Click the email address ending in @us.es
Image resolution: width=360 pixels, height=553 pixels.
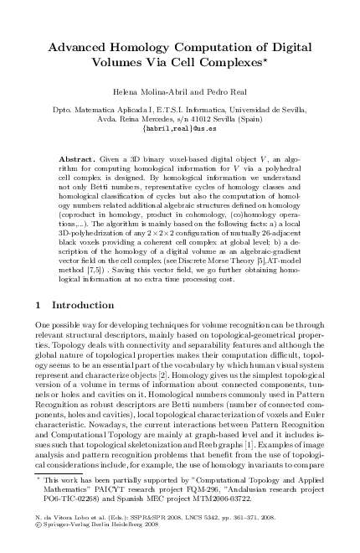pos(179,129)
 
